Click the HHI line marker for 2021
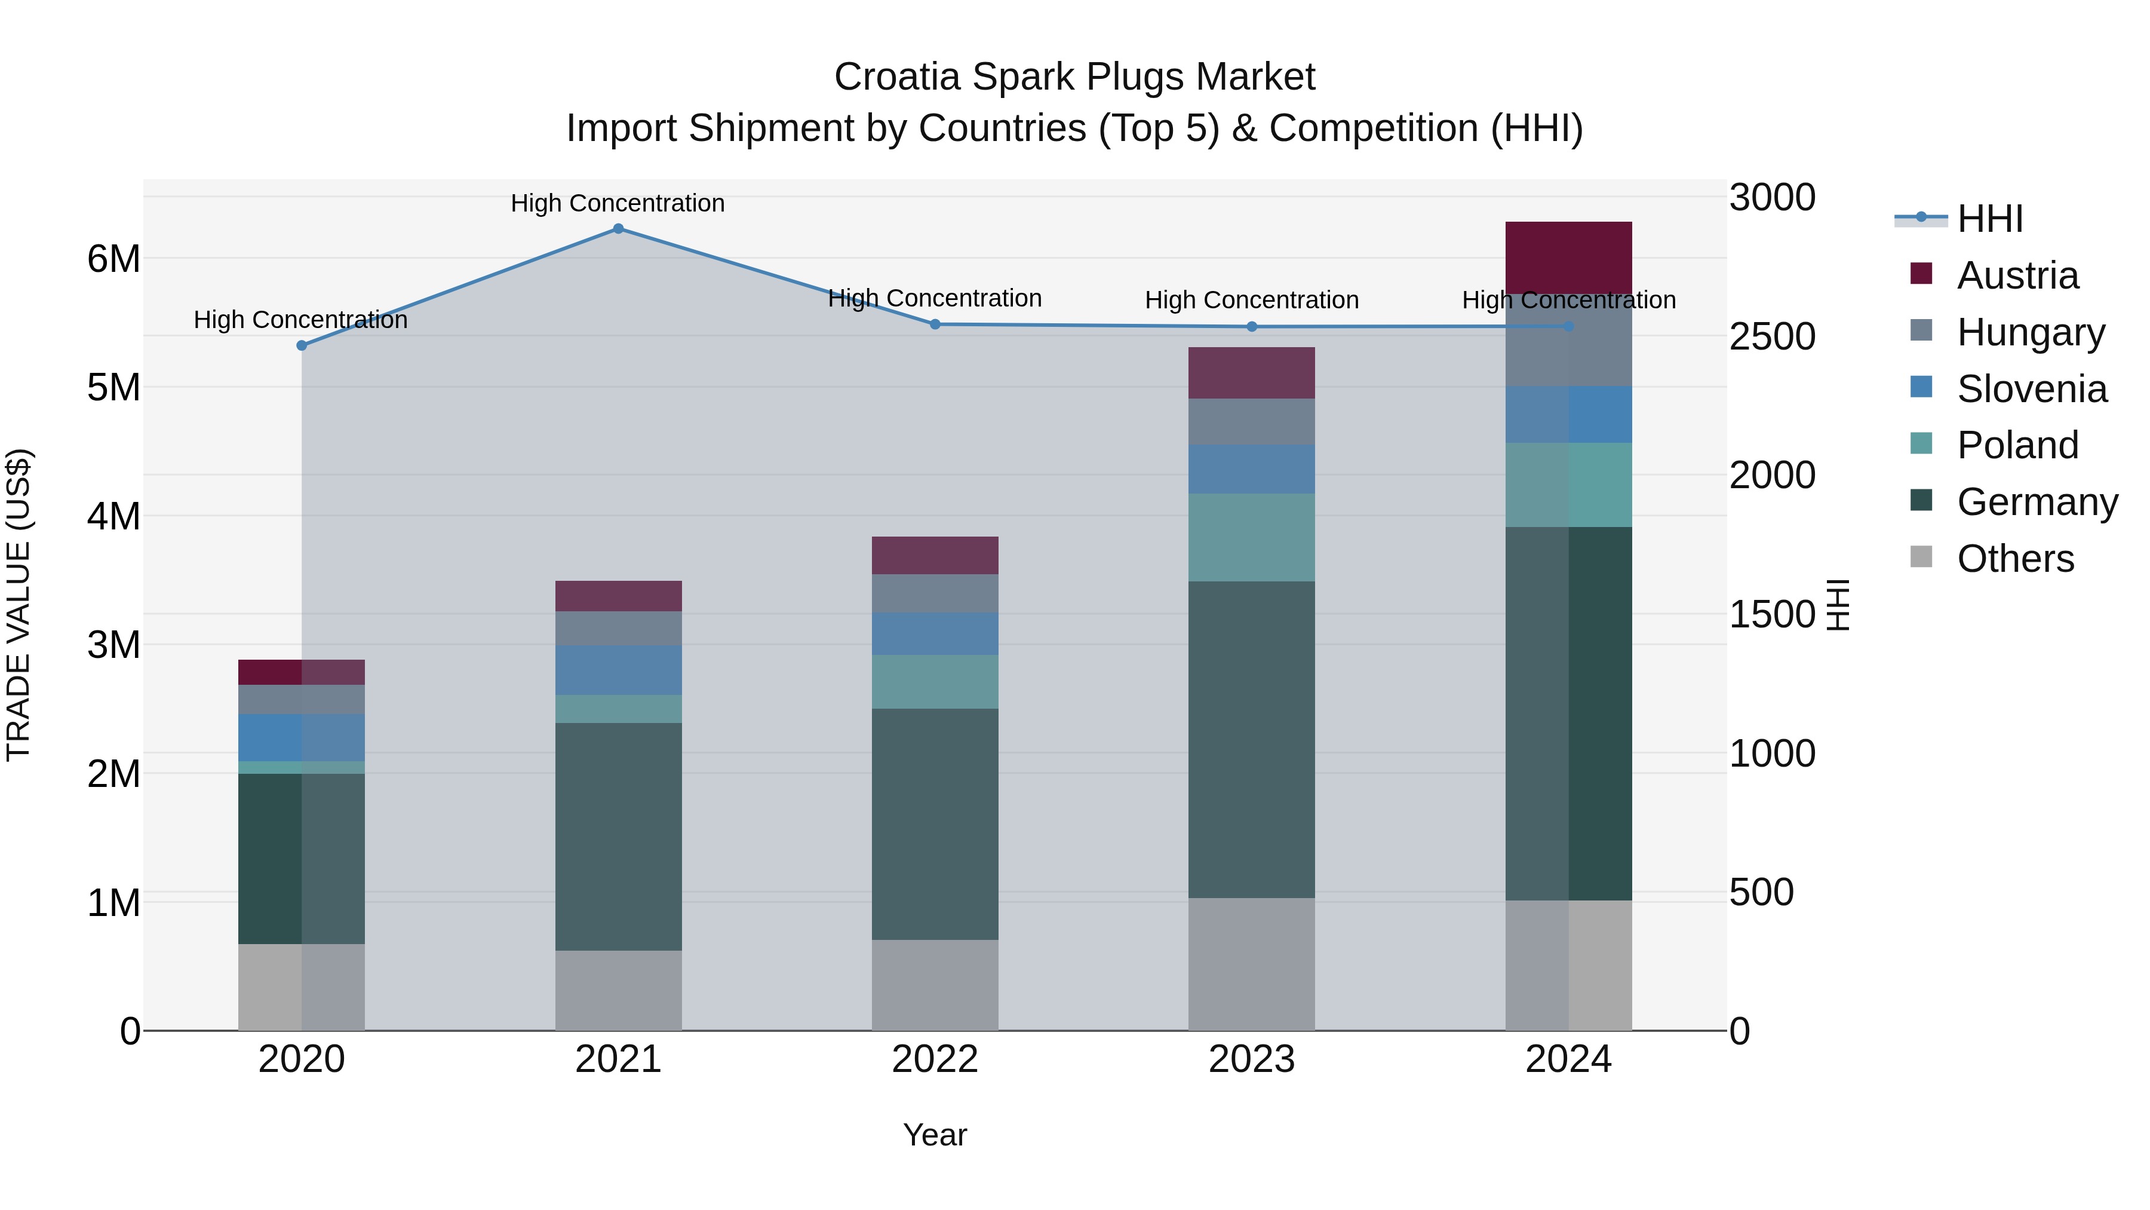618,229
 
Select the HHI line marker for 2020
302,345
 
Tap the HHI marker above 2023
1251,326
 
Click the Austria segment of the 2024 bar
1568,257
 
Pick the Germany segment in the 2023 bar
1251,739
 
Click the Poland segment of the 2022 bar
934,681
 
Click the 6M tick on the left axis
113,259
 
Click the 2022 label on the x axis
934,1059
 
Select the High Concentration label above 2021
618,203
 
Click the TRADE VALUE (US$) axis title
19,605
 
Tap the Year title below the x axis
934,1135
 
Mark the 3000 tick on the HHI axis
1772,198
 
